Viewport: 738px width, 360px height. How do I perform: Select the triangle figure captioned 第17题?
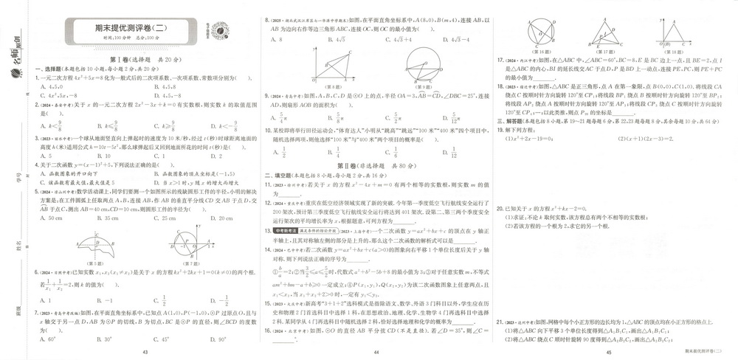click(x=605, y=31)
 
